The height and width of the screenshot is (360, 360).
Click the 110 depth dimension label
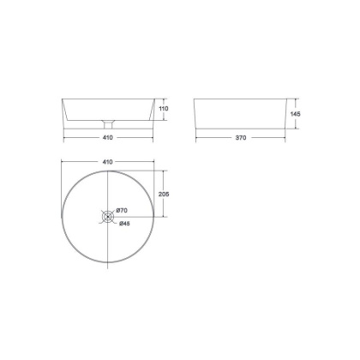(164, 109)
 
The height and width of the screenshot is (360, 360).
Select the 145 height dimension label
(295, 114)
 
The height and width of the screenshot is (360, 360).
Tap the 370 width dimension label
(241, 138)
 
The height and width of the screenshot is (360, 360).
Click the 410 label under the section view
(107, 137)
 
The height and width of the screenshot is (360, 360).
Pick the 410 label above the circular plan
(107, 162)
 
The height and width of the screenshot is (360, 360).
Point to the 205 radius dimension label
(164, 194)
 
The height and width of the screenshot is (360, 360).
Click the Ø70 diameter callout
(122, 211)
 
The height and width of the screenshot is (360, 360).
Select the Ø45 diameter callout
(124, 224)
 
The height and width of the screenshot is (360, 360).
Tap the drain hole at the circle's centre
(108, 217)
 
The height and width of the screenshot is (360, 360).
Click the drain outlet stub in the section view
(108, 124)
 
